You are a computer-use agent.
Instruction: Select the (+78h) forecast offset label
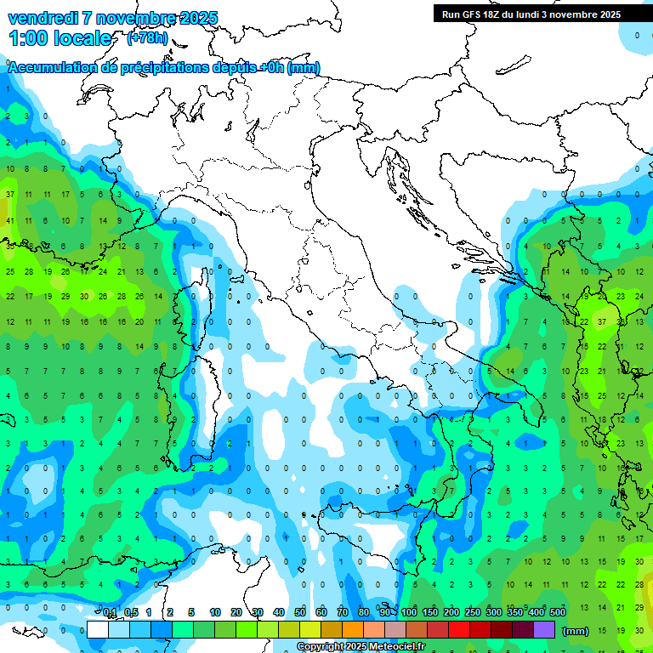tap(147, 38)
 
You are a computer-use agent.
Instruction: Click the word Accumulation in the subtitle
tap(51, 68)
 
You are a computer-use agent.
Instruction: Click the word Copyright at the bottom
tap(321, 647)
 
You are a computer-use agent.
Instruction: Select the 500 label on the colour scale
tap(558, 612)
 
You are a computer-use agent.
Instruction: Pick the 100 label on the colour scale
tap(409, 612)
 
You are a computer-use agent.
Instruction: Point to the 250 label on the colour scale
tap(473, 612)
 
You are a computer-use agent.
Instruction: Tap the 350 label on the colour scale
tap(515, 612)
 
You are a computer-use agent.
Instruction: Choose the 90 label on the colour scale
tap(385, 612)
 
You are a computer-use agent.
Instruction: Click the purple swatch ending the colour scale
tap(544, 629)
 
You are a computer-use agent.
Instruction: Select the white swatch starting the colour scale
tap(98, 629)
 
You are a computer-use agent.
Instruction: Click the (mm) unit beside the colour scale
tap(576, 631)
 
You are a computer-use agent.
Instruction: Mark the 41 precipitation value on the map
tap(10, 220)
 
